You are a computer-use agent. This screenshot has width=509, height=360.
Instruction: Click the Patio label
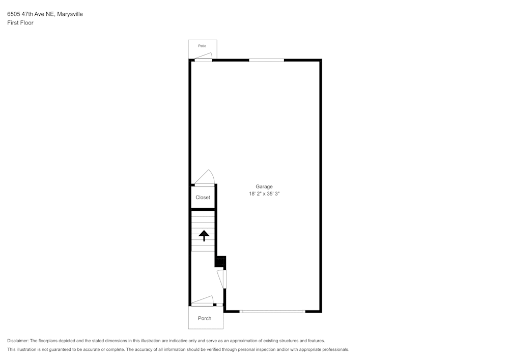(203, 46)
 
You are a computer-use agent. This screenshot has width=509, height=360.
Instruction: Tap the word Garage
(264, 186)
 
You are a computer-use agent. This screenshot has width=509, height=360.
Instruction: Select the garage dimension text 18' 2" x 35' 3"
(264, 194)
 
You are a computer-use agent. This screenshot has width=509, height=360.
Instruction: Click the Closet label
(203, 198)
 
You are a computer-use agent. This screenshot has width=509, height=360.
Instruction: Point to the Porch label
(205, 318)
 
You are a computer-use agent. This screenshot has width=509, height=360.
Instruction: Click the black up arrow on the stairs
(204, 236)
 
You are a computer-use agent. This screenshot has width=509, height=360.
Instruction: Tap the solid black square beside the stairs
(220, 262)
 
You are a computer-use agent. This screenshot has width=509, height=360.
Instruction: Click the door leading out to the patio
(203, 58)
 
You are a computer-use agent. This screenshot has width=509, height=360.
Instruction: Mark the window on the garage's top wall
(266, 60)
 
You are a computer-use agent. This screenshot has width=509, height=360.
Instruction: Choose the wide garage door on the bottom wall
(272, 311)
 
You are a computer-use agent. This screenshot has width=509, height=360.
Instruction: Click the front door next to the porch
(202, 301)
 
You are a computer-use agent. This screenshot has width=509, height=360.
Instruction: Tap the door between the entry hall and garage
(222, 279)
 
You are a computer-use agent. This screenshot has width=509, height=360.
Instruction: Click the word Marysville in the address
(70, 14)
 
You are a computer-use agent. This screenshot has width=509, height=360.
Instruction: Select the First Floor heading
(20, 23)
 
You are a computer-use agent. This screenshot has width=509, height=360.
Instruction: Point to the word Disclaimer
(18, 341)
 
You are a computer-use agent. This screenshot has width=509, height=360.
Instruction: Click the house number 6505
(13, 14)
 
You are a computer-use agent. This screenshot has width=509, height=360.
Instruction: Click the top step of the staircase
(203, 213)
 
